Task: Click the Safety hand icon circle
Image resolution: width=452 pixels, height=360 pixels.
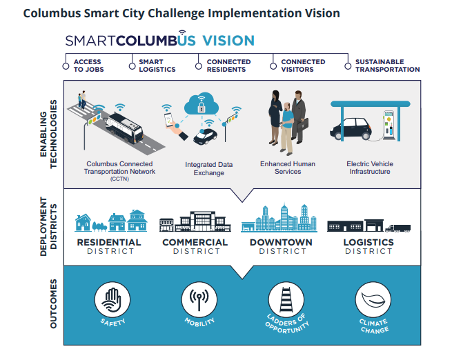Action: click(x=112, y=299)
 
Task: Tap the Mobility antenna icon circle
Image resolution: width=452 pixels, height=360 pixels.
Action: click(x=199, y=299)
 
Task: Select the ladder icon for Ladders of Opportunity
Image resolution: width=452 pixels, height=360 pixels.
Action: click(x=286, y=299)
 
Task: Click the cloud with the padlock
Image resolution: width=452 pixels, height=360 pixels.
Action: click(x=202, y=104)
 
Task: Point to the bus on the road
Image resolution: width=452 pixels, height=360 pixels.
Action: click(x=124, y=128)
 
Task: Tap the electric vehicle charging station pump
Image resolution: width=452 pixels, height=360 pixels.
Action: click(x=389, y=125)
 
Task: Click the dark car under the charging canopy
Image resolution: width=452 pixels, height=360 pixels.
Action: click(x=351, y=128)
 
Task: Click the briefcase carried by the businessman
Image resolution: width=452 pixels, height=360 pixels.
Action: click(x=303, y=124)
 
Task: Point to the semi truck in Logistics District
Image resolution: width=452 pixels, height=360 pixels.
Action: click(x=397, y=228)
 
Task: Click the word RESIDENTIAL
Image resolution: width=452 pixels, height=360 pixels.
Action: click(x=109, y=243)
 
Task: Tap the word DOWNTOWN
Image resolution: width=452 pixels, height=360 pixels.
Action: click(x=281, y=243)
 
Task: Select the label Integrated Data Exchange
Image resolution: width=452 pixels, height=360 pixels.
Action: click(x=208, y=169)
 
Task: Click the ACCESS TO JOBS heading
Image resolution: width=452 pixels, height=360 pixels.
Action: click(x=88, y=66)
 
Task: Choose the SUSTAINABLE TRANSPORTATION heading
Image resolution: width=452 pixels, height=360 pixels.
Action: click(x=387, y=66)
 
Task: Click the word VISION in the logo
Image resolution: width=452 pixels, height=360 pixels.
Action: click(x=228, y=41)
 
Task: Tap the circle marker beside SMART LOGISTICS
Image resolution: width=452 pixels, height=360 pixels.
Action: click(x=132, y=66)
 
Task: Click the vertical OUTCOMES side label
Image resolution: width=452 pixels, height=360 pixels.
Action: click(x=53, y=303)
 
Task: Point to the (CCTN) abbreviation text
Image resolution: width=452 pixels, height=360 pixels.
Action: click(x=119, y=179)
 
